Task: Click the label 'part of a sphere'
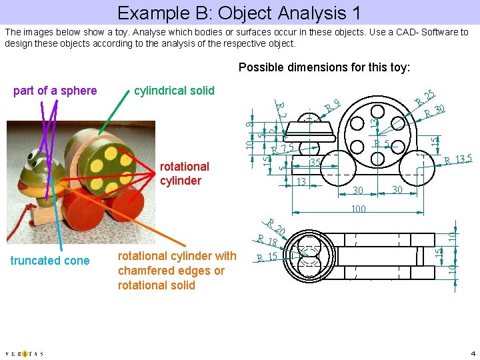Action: coord(55,91)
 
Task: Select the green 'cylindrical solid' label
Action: coord(174,91)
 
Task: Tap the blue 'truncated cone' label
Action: coord(50,261)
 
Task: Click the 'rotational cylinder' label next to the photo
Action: coord(184,173)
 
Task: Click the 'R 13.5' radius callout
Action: coord(458,159)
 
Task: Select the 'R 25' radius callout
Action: coord(425,97)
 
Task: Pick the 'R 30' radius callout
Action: coord(435,111)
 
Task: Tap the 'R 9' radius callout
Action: coord(333,105)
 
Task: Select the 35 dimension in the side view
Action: coord(315,162)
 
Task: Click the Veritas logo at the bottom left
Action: coord(24,353)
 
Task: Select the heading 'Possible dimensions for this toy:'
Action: coord(324,67)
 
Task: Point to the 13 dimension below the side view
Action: coord(301,181)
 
